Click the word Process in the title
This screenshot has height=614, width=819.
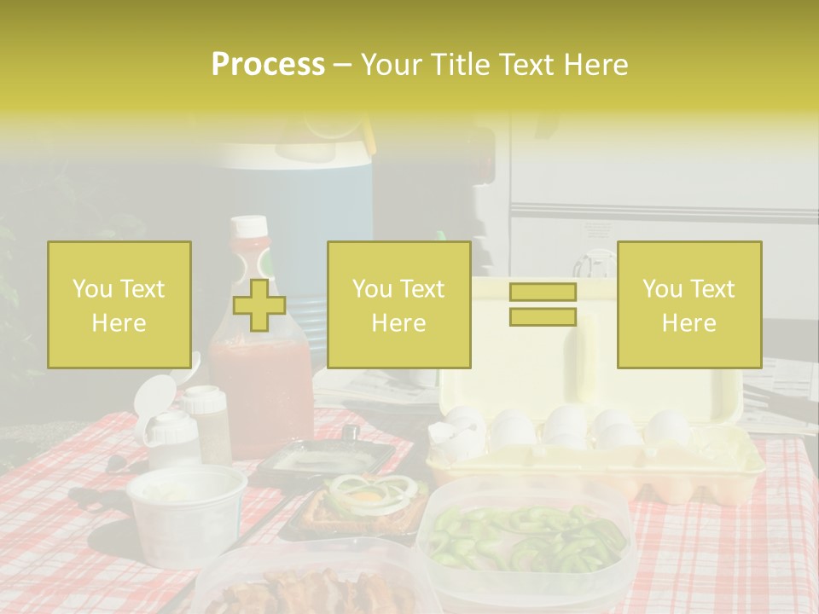point(268,65)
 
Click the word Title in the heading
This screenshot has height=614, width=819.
point(460,65)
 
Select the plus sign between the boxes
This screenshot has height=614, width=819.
point(259,305)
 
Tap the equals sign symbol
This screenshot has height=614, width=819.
point(543,304)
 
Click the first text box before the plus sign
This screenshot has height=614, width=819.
point(119,304)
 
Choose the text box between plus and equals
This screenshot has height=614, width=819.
point(398,304)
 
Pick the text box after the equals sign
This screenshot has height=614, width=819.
point(688,304)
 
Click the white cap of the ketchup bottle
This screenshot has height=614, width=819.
point(249,228)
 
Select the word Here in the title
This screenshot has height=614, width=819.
point(596,65)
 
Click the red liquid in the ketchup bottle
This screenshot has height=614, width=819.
point(260,392)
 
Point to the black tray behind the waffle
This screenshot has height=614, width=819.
point(324,460)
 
